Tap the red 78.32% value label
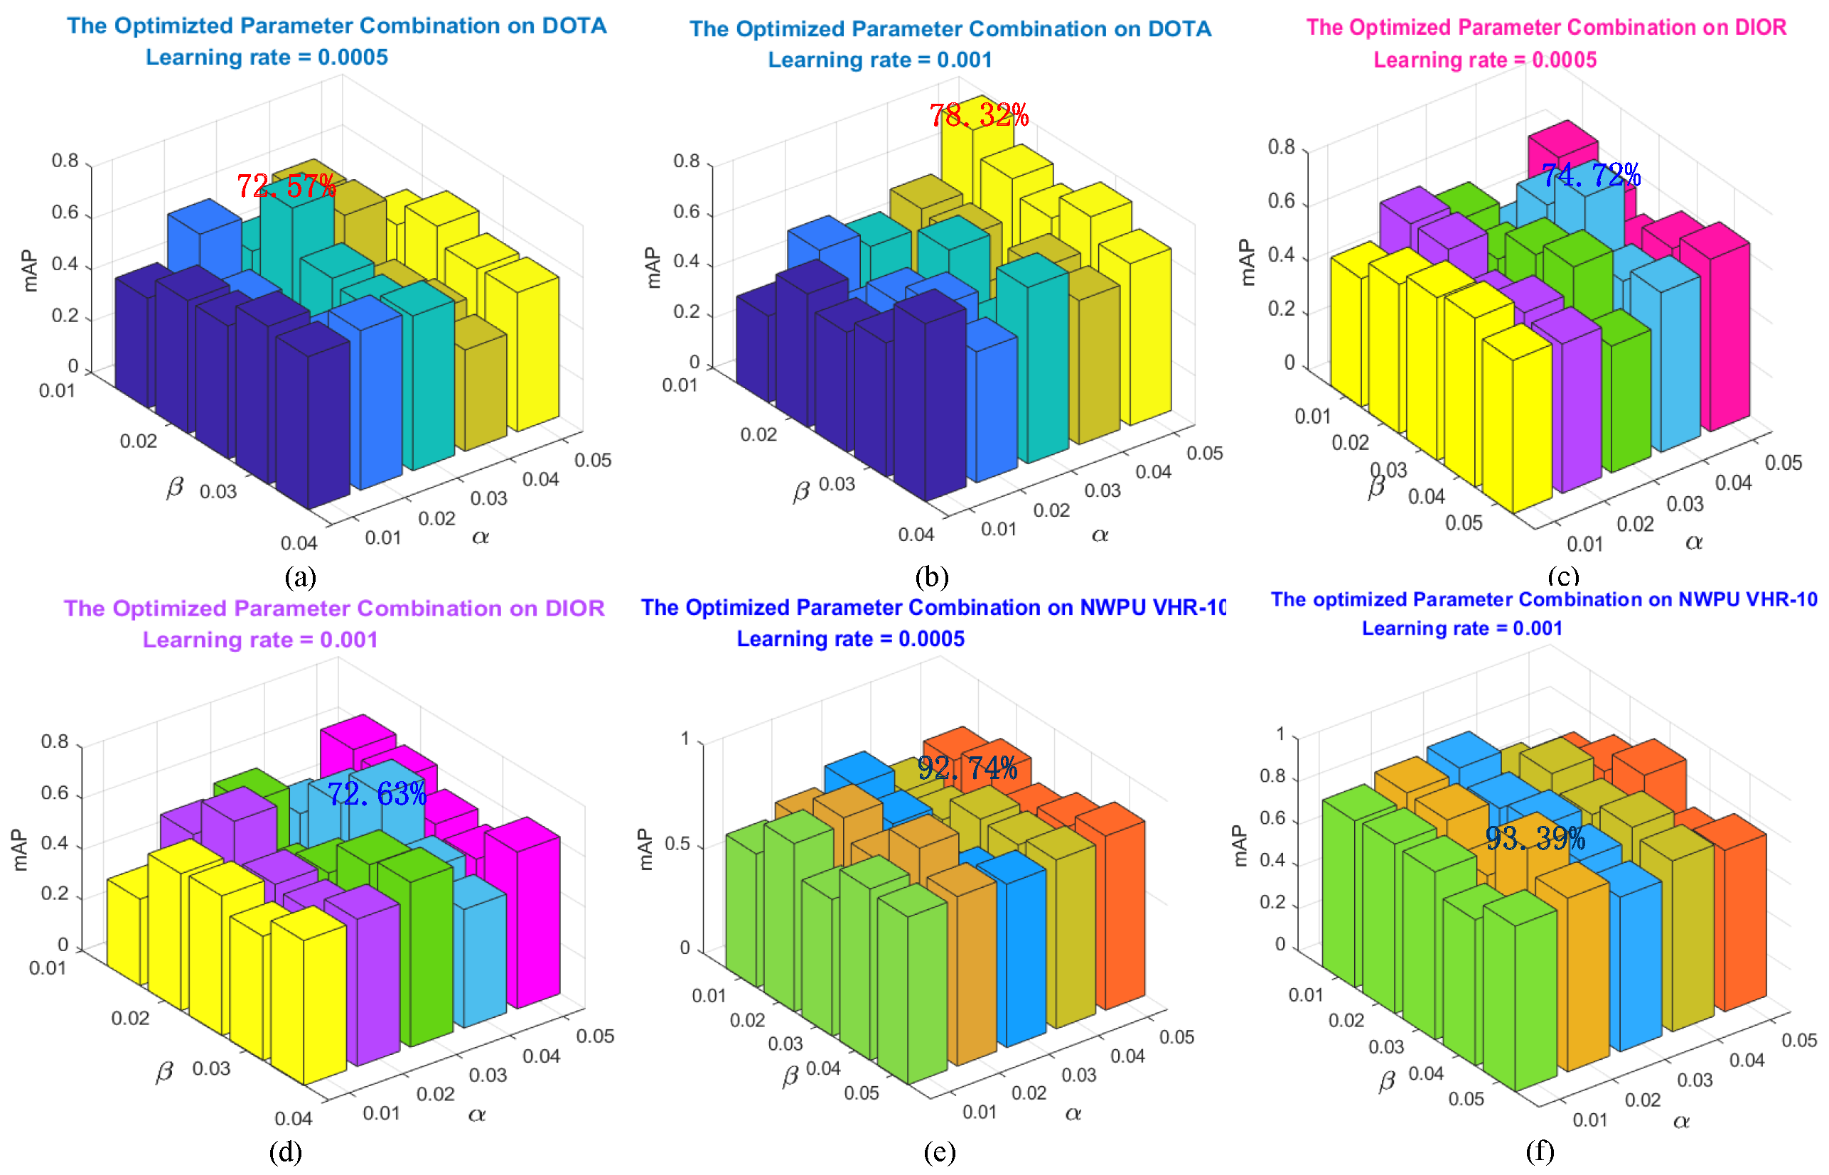[x=978, y=116]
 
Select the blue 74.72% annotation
[x=1590, y=176]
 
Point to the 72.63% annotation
[x=376, y=794]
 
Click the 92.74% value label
[x=967, y=768]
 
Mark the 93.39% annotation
[x=1535, y=839]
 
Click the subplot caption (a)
[x=300, y=576]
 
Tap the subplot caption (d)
[x=285, y=1152]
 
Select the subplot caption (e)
[x=938, y=1152]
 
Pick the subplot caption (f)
[x=1539, y=1151]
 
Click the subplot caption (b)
[x=931, y=576]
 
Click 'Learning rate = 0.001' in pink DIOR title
[x=260, y=639]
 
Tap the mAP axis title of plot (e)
[x=645, y=849]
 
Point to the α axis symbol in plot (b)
[x=1100, y=535]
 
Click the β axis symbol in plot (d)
[x=164, y=1072]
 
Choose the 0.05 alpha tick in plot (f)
[x=1798, y=1041]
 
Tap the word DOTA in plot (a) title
[x=574, y=26]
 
